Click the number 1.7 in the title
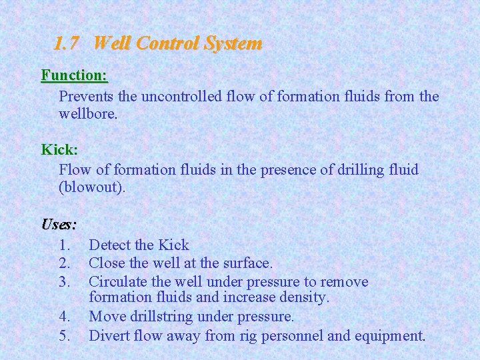66,44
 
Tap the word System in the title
233,44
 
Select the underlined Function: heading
74,75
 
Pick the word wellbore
88,114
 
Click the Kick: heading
59,149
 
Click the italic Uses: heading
59,223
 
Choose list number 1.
65,245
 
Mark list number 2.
65,263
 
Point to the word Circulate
118,281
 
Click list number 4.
65,316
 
